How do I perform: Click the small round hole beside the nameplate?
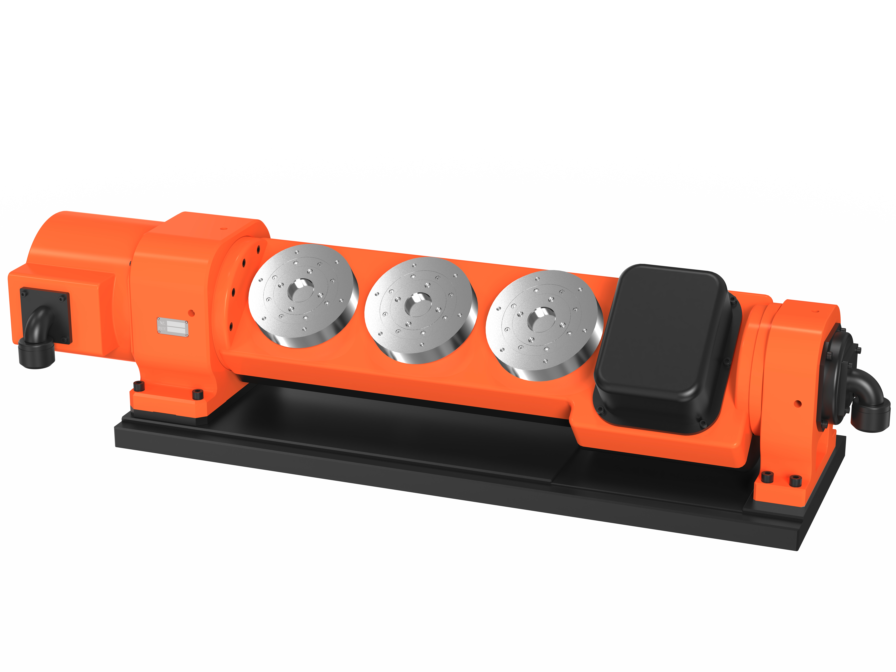[192, 313]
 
